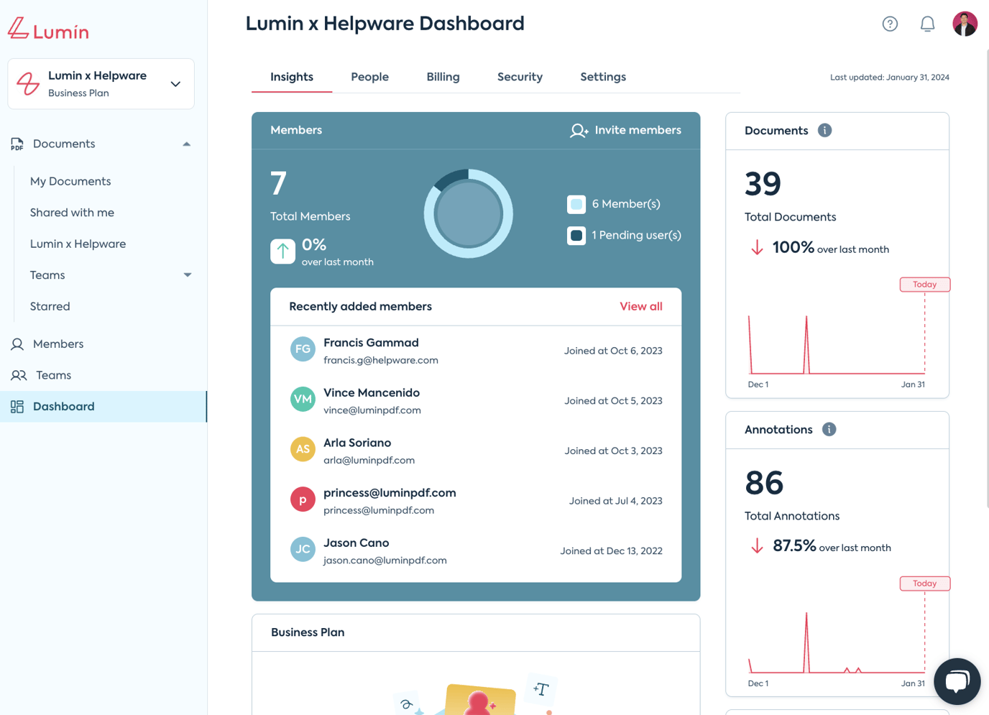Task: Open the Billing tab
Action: pyautogui.click(x=443, y=77)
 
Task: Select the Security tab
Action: pyautogui.click(x=520, y=77)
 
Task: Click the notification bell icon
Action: pyautogui.click(x=927, y=24)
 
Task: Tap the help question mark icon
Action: pyautogui.click(x=890, y=24)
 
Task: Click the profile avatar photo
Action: pyautogui.click(x=965, y=24)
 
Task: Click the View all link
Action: pyautogui.click(x=640, y=306)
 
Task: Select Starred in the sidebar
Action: pyautogui.click(x=50, y=306)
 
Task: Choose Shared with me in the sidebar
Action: pyautogui.click(x=72, y=213)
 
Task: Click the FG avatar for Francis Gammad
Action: pyautogui.click(x=303, y=349)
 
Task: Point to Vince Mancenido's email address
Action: pyautogui.click(x=372, y=410)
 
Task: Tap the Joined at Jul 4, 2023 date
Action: pyautogui.click(x=615, y=501)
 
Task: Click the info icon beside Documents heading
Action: pyautogui.click(x=824, y=130)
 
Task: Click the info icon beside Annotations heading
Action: pyautogui.click(x=829, y=429)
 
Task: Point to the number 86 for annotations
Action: pyautogui.click(x=763, y=483)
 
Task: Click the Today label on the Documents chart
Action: pyautogui.click(x=924, y=285)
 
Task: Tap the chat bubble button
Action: pyautogui.click(x=957, y=681)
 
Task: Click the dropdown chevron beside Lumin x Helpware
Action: pyautogui.click(x=175, y=84)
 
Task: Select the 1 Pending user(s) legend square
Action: pyautogui.click(x=576, y=236)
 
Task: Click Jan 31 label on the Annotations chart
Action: pyautogui.click(x=913, y=683)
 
